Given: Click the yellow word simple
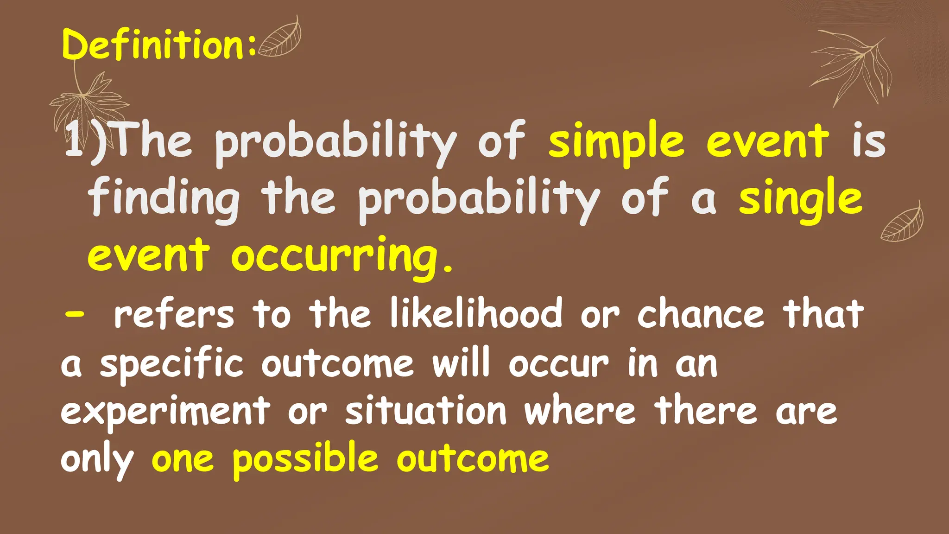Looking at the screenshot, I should (616, 141).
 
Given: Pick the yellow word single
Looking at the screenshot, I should (800, 199).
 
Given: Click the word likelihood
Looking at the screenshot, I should (476, 314).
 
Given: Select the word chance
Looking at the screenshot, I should (700, 314).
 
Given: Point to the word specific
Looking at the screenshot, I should (171, 364).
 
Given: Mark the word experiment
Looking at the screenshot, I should (165, 412).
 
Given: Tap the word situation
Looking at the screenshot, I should (426, 411).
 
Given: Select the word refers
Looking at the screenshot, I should (174, 314).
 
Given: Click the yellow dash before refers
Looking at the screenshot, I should (74, 313).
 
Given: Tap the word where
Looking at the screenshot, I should (580, 411).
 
